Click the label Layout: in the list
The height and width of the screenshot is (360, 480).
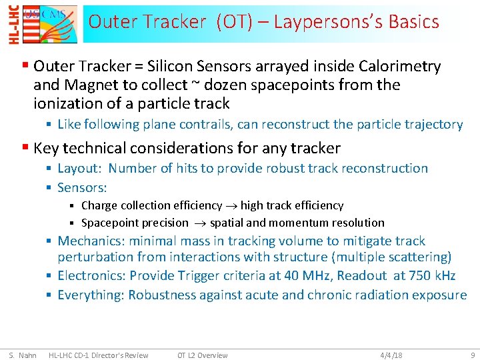[79, 168]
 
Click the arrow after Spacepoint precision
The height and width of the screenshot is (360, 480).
[199, 223]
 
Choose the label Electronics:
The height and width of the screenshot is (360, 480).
[91, 275]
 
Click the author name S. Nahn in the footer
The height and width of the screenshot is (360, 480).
[23, 355]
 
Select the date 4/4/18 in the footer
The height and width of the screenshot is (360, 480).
[391, 355]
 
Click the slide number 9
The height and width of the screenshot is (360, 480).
[472, 355]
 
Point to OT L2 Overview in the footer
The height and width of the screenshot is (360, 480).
[202, 355]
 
